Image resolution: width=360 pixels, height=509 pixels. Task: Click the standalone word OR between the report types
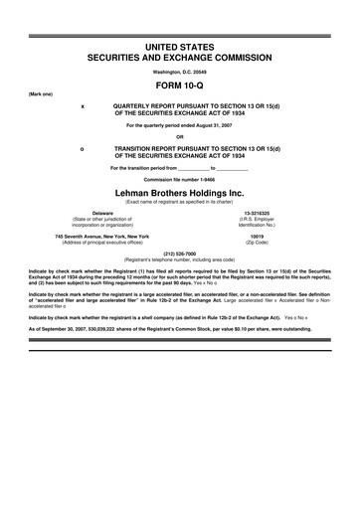180,137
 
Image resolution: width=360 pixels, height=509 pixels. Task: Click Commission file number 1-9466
180,180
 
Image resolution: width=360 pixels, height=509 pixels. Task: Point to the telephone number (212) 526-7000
180,252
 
